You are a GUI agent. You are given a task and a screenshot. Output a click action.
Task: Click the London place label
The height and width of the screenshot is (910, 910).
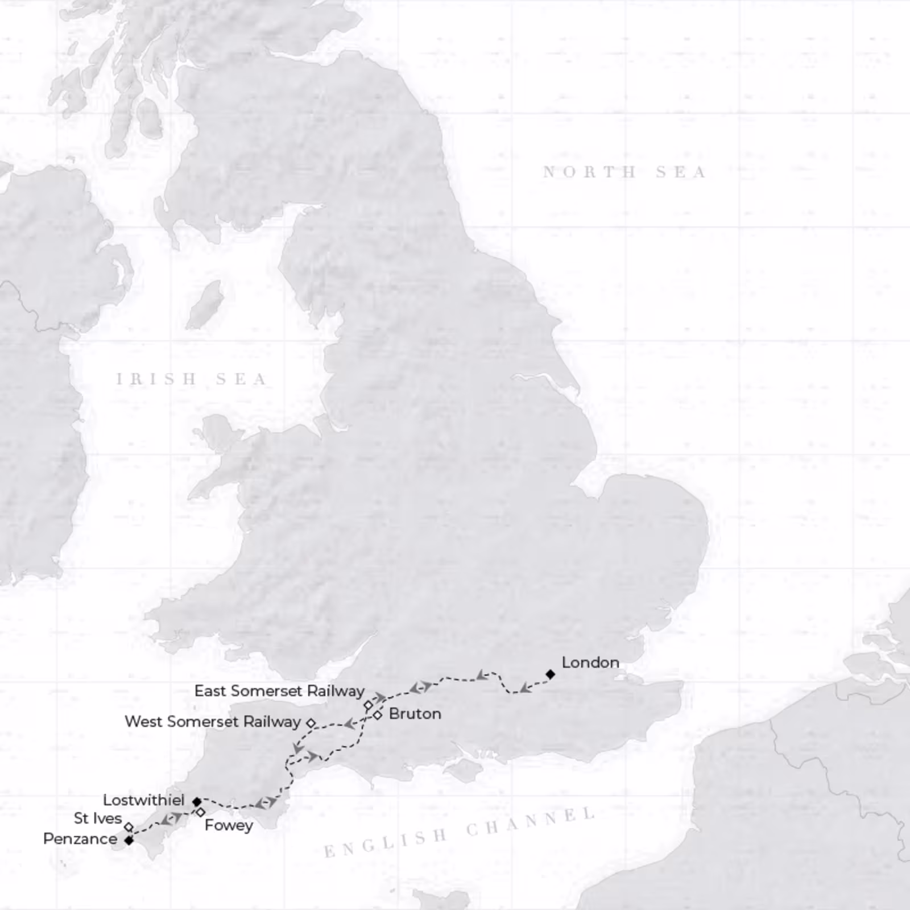(x=590, y=663)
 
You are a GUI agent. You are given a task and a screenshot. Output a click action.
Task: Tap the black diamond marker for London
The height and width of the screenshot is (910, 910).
(x=550, y=674)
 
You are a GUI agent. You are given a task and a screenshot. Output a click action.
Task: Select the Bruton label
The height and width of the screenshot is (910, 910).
(x=415, y=714)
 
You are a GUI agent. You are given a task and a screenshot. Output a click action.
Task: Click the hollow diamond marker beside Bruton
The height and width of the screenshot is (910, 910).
(x=377, y=715)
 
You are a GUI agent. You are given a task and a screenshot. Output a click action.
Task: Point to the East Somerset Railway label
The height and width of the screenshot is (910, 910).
(x=279, y=691)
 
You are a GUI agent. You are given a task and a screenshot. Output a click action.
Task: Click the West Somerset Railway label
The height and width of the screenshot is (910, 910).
(x=212, y=722)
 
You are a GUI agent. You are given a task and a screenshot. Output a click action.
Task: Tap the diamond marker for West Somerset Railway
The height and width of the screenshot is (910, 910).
(x=311, y=723)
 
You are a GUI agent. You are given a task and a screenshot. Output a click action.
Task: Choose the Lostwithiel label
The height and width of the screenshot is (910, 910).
(x=143, y=800)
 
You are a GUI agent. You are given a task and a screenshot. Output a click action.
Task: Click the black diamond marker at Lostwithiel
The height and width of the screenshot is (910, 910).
(x=197, y=802)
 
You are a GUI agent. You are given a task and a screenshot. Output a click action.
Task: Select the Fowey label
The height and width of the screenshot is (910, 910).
(x=229, y=825)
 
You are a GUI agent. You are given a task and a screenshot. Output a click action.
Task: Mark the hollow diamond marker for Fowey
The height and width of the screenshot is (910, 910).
(x=200, y=812)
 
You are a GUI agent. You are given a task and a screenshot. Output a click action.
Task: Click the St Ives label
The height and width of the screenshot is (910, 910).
(x=98, y=818)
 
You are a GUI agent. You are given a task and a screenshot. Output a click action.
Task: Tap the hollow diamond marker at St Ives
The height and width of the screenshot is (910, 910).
(x=129, y=827)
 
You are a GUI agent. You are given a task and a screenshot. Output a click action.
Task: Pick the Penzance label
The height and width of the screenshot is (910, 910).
(x=80, y=839)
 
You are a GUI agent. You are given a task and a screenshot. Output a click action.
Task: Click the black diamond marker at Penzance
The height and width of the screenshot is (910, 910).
(x=129, y=840)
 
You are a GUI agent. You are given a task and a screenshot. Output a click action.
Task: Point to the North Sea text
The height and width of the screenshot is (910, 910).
(x=624, y=172)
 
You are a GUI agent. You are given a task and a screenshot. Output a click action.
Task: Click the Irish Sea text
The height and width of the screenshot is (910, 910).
(x=192, y=379)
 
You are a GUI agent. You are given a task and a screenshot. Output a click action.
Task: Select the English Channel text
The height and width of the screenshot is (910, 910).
(x=460, y=832)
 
